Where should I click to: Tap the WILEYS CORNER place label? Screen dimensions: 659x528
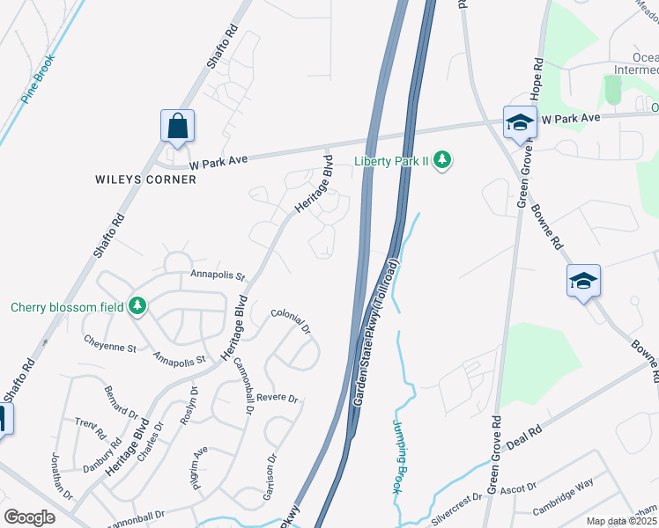pyautogui.click(x=144, y=179)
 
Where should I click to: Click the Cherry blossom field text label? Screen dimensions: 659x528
pyautogui.click(x=66, y=307)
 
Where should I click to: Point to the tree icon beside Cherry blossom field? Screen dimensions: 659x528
pyautogui.click(x=137, y=306)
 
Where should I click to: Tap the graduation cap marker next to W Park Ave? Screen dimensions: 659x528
pyautogui.click(x=520, y=123)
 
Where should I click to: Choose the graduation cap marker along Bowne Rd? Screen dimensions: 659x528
pyautogui.click(x=583, y=282)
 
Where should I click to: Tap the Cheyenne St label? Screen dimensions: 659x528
pyautogui.click(x=109, y=342)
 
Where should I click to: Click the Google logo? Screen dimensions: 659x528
pyautogui.click(x=29, y=517)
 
